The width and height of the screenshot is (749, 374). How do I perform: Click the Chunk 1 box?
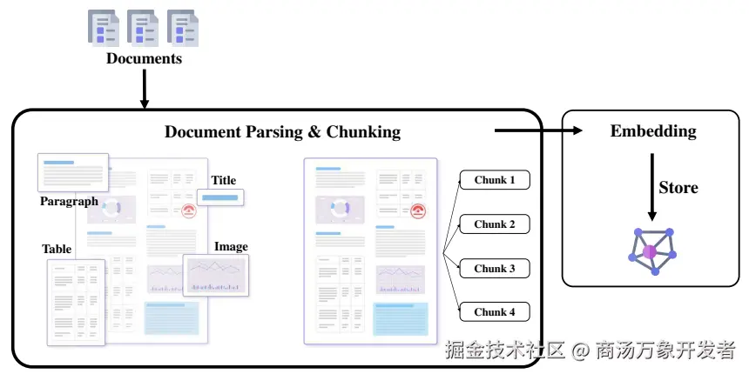pyautogui.click(x=495, y=180)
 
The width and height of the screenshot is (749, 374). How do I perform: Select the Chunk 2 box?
pyautogui.click(x=495, y=224)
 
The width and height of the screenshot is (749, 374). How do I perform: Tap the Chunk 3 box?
pyautogui.click(x=495, y=269)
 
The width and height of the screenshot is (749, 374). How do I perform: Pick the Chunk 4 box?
pyautogui.click(x=495, y=312)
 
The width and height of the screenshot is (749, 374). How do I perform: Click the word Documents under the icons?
pyautogui.click(x=144, y=58)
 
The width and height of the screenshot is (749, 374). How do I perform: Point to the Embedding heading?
pyautogui.click(x=653, y=131)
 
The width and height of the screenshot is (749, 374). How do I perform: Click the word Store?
pyautogui.click(x=678, y=188)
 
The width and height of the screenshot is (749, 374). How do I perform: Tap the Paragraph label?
pyautogui.click(x=69, y=201)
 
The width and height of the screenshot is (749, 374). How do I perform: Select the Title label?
pyautogui.click(x=224, y=180)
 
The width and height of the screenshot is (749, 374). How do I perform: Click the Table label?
pyautogui.click(x=57, y=249)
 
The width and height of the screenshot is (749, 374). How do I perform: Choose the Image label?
pyautogui.click(x=231, y=247)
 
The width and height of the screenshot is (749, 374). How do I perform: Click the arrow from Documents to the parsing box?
pyautogui.click(x=145, y=89)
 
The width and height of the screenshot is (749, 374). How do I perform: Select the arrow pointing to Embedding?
pyautogui.click(x=538, y=130)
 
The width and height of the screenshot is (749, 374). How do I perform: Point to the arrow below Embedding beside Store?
pyautogui.click(x=651, y=187)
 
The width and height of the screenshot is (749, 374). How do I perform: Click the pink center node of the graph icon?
pyautogui.click(x=649, y=252)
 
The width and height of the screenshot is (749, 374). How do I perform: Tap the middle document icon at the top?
pyautogui.click(x=144, y=28)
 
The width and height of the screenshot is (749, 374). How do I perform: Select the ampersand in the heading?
pyautogui.click(x=314, y=131)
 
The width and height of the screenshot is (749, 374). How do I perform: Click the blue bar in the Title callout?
pyautogui.click(x=219, y=197)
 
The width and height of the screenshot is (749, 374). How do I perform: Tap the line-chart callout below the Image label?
pyautogui.click(x=216, y=275)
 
